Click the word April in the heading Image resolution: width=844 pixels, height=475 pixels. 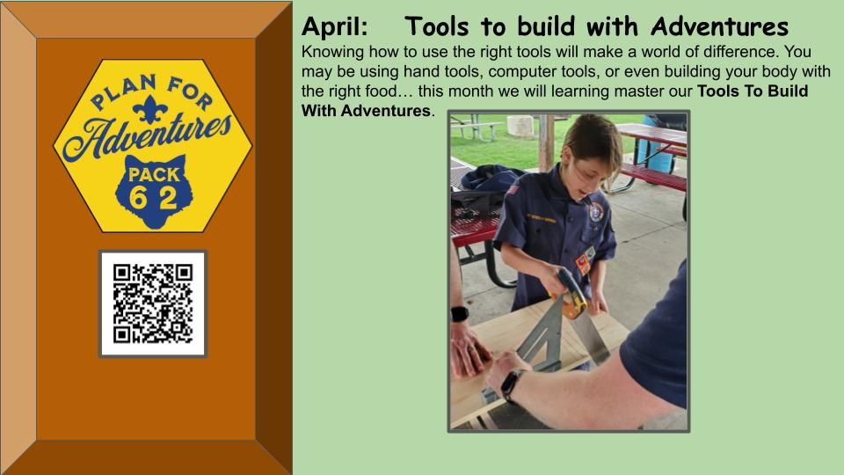(x=334, y=27)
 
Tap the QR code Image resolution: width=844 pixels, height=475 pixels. (x=153, y=303)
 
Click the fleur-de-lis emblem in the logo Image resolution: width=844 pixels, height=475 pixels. (x=149, y=109)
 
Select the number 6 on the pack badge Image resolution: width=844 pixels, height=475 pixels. (x=137, y=198)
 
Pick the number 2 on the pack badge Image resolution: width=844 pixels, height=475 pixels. (x=168, y=198)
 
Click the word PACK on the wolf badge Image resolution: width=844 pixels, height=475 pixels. (x=154, y=174)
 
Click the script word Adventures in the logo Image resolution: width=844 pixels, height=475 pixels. (x=147, y=136)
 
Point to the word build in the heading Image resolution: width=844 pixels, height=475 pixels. (x=548, y=26)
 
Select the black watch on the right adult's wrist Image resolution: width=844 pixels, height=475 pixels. (x=510, y=385)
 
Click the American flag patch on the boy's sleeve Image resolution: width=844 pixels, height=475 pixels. (x=512, y=190)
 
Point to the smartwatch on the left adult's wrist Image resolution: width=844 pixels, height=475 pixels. (x=459, y=314)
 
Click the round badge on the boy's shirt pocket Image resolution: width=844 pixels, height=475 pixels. (x=595, y=212)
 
